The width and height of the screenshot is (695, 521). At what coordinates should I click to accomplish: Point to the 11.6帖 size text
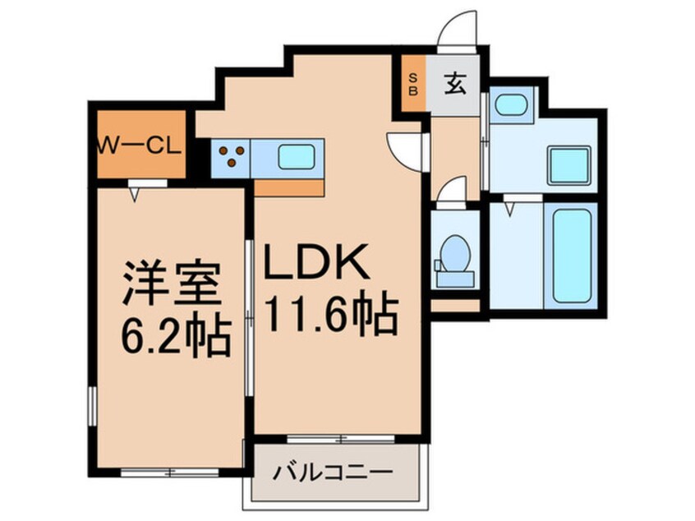tap(330, 314)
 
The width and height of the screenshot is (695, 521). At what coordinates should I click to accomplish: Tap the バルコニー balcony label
tap(332, 474)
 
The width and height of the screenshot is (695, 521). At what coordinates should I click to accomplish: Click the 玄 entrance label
tap(454, 83)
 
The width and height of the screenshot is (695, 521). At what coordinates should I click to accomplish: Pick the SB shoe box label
tap(413, 85)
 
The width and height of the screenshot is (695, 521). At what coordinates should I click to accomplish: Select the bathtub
tap(571, 255)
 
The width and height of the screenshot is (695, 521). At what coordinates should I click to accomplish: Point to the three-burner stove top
tap(232, 156)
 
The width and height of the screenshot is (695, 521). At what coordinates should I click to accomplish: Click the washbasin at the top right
tap(512, 104)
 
